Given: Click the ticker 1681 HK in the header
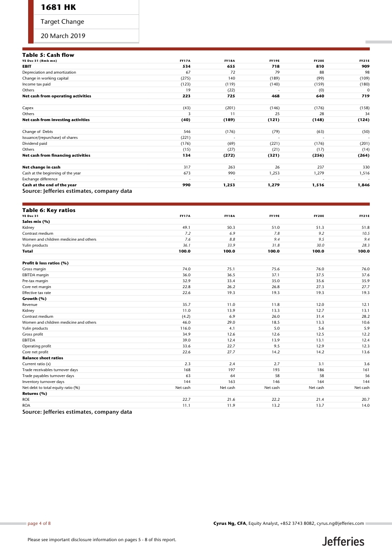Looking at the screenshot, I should [x=58, y=7].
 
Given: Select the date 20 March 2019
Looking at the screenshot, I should [x=63, y=36].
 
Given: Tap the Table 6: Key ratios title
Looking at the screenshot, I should [x=49, y=210].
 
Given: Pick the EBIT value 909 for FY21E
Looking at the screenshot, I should [x=365, y=66].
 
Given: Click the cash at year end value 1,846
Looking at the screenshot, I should [x=363, y=185].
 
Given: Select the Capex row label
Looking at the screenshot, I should [x=28, y=107].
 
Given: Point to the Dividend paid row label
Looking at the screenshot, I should [x=35, y=143].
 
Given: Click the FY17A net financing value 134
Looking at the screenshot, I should [x=186, y=155].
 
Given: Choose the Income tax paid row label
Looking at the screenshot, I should [x=36, y=84].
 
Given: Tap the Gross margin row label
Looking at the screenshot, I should [x=34, y=268].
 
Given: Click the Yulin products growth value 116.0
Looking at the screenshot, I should [x=185, y=328].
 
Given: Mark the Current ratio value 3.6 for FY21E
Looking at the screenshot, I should [x=366, y=364].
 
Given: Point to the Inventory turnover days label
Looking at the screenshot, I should [x=43, y=382].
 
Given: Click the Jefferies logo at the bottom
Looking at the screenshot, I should [x=343, y=541].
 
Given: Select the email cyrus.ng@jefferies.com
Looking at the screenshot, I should [x=340, y=523].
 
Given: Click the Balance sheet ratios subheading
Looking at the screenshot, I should [x=42, y=358].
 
